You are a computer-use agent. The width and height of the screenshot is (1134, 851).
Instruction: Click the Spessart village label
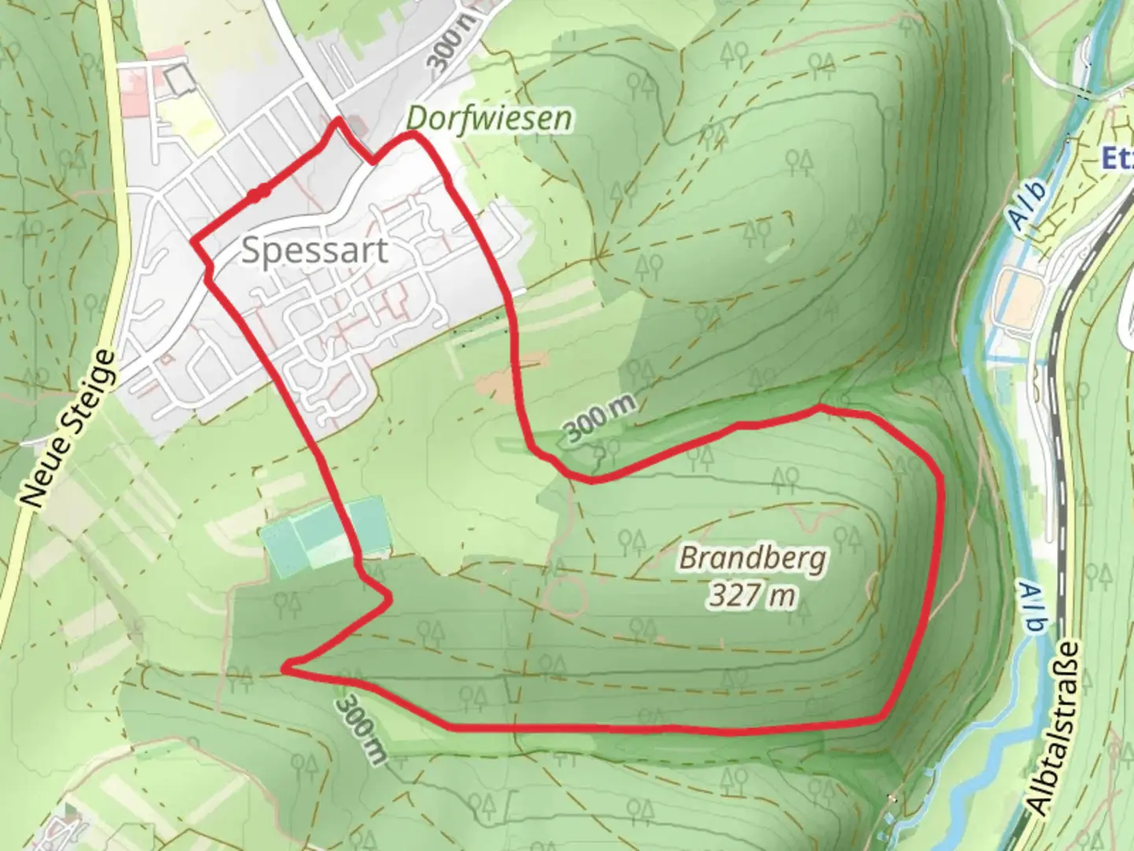point(314,251)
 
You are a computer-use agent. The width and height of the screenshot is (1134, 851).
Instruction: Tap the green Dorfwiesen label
point(488,119)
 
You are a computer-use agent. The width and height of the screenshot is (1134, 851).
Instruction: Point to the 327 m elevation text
point(751,595)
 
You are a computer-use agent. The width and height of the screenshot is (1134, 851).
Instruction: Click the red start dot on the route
point(259,192)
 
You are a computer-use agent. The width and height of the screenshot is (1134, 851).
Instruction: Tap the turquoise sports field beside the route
point(324,533)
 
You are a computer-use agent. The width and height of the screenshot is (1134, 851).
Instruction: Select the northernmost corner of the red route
point(339,121)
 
